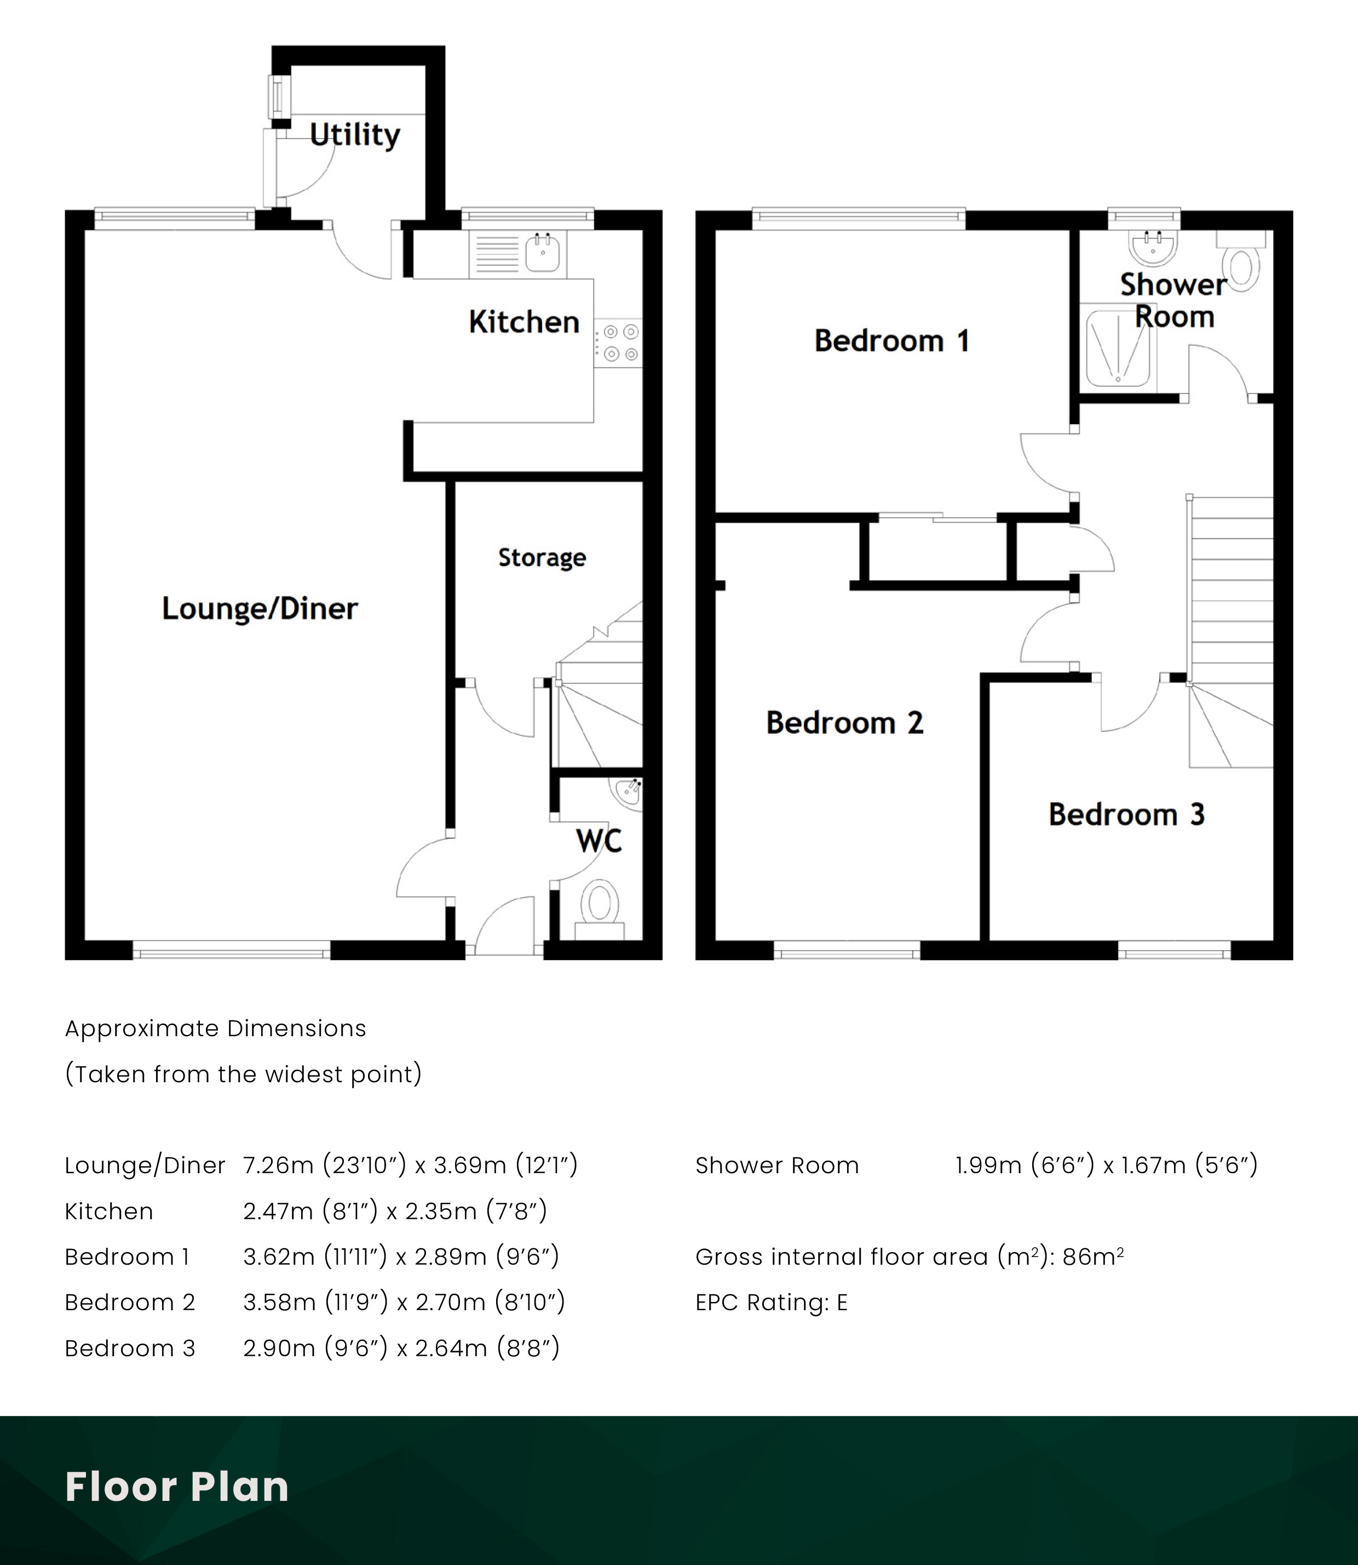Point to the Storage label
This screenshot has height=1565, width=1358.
pos(542,558)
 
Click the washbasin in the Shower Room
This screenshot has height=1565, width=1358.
pos(1153,247)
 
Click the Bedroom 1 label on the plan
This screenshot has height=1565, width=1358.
pos(891,341)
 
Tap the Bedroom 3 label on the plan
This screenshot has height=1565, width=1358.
pos(1126,814)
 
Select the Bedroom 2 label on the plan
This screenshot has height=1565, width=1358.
pos(844,723)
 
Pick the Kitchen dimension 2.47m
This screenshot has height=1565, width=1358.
pos(278,1211)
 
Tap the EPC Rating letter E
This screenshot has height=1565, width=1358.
pos(842,1302)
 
